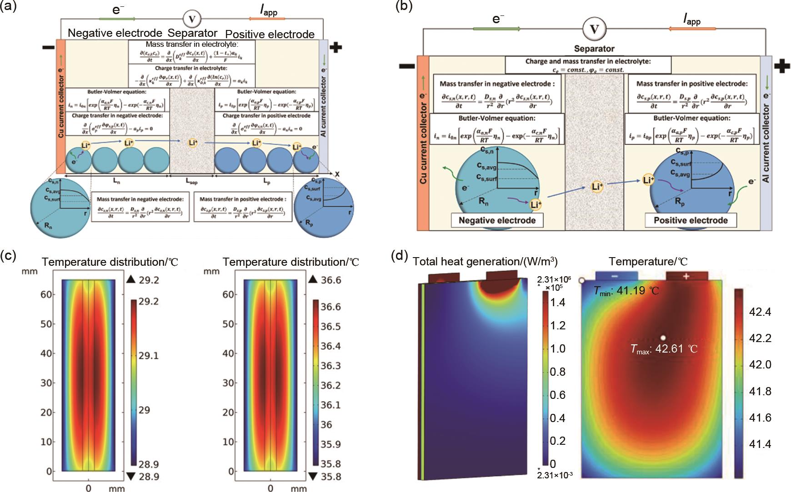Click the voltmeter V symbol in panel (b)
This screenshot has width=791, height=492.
coord(594,29)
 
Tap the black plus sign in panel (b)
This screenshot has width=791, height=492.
coord(782,66)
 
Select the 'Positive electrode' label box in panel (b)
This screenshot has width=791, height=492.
coord(691,221)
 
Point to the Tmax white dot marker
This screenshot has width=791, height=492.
coord(663,338)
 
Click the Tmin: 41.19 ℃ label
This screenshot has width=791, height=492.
coord(626,290)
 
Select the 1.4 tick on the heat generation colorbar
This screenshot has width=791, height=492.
coord(558,302)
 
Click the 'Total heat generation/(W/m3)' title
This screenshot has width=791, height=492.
coord(485,261)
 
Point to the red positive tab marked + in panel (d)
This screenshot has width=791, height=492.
coord(686,276)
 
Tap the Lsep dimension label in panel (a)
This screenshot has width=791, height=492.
coord(191,181)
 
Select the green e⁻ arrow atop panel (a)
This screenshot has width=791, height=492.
coord(118,19)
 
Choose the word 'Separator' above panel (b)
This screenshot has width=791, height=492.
coord(594,49)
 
